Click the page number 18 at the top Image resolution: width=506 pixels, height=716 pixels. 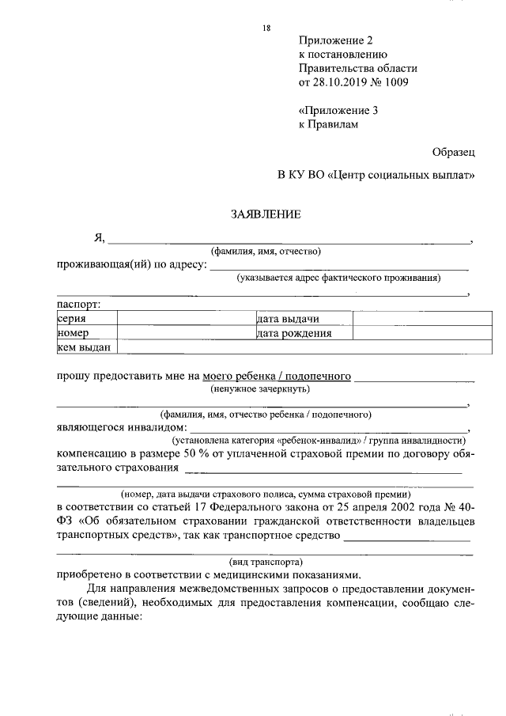[x=266, y=28]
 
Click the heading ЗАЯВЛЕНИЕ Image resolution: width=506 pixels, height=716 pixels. [x=266, y=214]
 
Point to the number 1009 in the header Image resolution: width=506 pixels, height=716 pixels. [x=397, y=82]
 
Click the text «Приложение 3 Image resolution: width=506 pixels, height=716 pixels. [x=339, y=111]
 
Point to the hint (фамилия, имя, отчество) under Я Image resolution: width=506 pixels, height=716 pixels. [x=265, y=252]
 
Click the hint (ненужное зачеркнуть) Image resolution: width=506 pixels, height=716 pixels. [x=259, y=389]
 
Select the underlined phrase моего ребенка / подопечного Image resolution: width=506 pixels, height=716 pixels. [x=277, y=377]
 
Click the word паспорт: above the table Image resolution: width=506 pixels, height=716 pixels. [x=77, y=304]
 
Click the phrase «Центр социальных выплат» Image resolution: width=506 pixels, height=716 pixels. [x=401, y=174]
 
